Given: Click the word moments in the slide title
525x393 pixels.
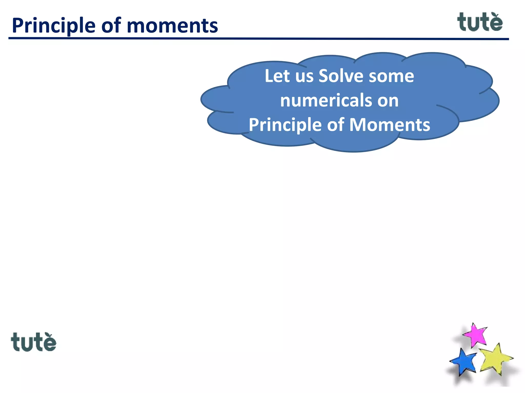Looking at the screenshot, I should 172,26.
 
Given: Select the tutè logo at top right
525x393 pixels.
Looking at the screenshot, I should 480,22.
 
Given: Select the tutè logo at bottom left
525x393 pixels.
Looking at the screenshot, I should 33,342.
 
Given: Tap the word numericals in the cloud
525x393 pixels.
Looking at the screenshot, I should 326,100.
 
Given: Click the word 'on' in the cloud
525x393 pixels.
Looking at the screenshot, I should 388,101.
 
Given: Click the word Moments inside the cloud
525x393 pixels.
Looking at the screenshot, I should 390,125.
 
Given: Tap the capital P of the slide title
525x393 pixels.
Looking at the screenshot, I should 17,26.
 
